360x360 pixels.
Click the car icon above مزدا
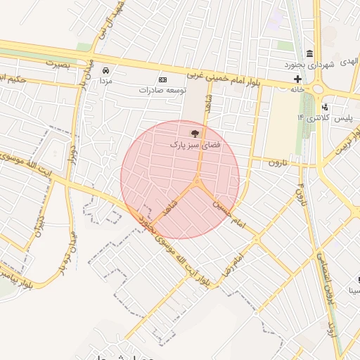105,71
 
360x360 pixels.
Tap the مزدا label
105,82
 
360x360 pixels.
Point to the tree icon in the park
195,132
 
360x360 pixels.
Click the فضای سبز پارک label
195,143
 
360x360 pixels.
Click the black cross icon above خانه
298,79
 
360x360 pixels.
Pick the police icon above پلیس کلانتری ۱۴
325,107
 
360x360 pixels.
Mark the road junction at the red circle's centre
197,184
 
